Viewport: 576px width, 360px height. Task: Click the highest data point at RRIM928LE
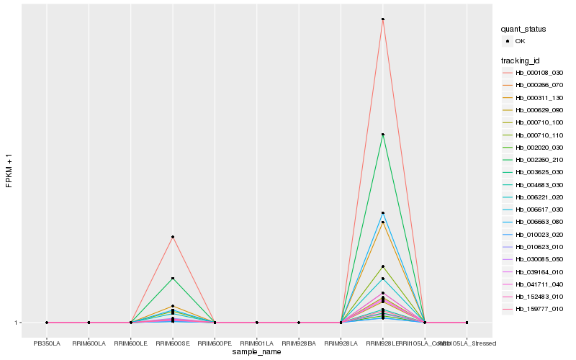point(382,19)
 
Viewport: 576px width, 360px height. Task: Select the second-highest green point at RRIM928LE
point(382,135)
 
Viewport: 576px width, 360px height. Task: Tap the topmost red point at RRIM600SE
point(173,237)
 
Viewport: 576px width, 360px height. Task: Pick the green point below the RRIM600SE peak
point(173,279)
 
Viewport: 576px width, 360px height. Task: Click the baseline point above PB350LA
point(47,323)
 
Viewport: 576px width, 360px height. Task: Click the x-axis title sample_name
point(257,352)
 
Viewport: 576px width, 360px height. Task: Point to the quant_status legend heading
point(523,30)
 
